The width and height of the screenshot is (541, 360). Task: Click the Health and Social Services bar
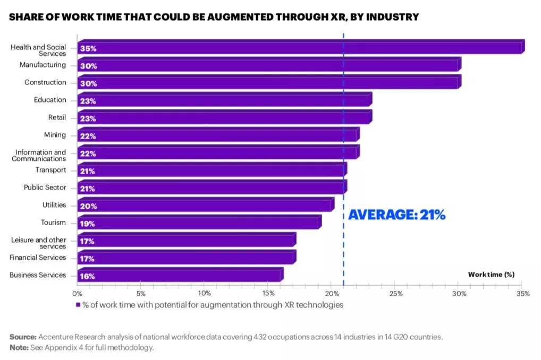tap(300, 48)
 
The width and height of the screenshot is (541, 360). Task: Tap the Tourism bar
tap(199, 224)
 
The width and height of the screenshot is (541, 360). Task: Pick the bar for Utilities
tap(205, 206)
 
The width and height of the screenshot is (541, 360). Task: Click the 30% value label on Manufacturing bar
tap(88, 66)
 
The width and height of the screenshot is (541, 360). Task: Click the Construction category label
tap(45, 82)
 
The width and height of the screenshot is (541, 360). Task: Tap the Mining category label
tap(55, 135)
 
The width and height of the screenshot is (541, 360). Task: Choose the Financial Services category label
tap(38, 258)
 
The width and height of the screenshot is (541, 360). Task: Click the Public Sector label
tap(45, 187)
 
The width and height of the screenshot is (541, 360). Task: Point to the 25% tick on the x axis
tap(395, 293)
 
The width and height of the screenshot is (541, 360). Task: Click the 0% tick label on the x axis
tap(78, 293)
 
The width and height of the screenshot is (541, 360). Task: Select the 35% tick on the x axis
tap(522, 293)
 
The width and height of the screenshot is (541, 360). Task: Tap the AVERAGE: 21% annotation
tap(396, 215)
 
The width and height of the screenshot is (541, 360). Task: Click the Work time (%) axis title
tap(491, 275)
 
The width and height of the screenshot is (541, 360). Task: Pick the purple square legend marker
tap(78, 305)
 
